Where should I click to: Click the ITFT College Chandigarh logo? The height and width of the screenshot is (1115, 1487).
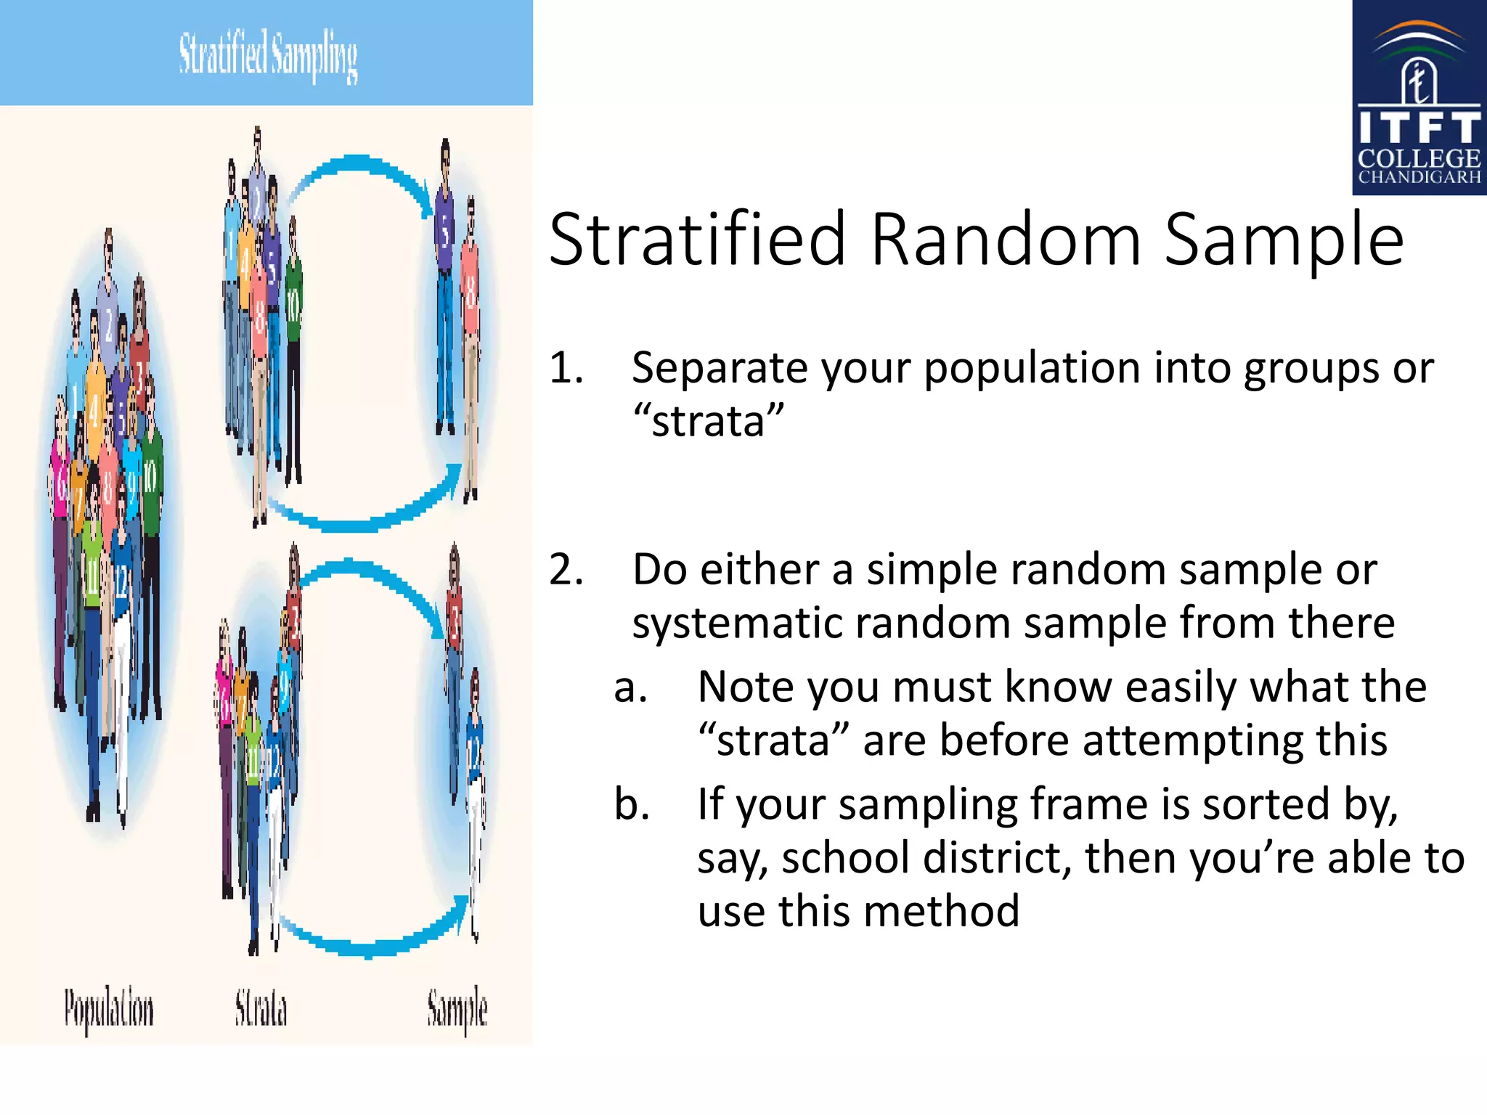1419,98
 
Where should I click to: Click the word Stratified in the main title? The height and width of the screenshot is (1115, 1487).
698,240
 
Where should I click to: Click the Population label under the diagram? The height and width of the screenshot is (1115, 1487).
109,1009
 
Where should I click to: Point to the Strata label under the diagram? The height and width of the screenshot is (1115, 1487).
261,1009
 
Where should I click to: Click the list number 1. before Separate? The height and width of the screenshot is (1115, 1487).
566,368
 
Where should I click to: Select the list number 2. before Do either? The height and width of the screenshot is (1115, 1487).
566,570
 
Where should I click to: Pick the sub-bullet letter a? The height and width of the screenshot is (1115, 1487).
630,687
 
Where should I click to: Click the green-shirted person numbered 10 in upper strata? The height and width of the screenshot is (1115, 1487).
293,312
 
